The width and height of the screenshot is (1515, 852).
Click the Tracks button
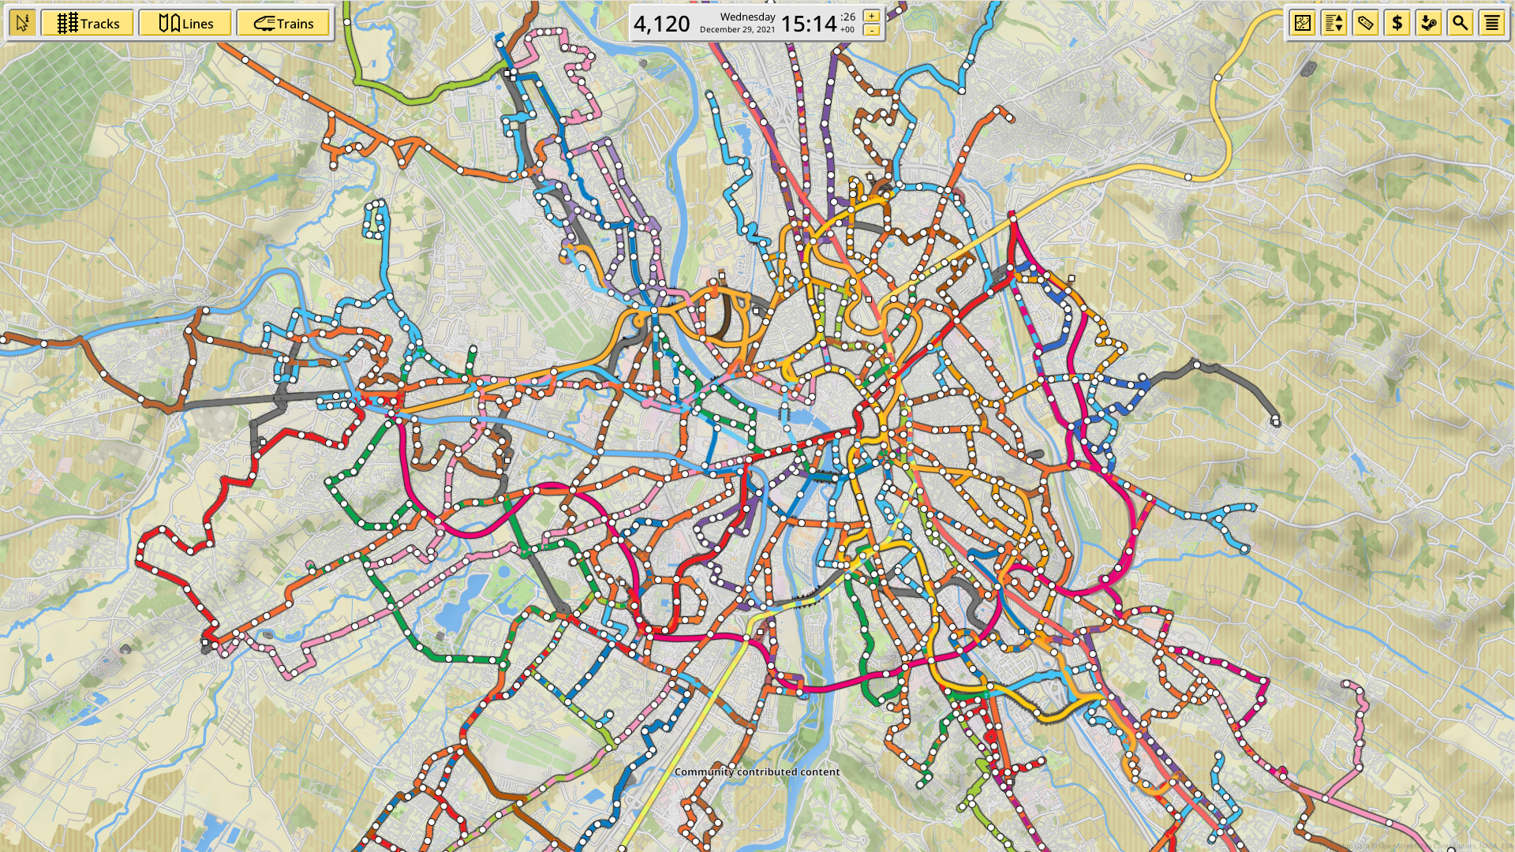[88, 24]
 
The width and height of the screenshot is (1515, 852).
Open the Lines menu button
[185, 24]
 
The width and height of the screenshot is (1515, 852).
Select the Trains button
[283, 24]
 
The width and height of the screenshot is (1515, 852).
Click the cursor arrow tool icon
[22, 24]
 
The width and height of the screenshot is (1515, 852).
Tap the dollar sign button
[1397, 24]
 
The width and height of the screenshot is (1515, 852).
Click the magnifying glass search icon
[1460, 24]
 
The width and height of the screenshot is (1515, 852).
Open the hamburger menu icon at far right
[1491, 24]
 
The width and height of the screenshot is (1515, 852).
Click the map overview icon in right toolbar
[1303, 24]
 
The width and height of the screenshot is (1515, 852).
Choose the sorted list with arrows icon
[1334, 24]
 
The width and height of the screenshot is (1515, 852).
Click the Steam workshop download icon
[1428, 24]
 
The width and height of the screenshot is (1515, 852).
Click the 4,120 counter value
[661, 24]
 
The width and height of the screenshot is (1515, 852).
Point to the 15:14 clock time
[808, 24]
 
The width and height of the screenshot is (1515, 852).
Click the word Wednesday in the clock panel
[747, 17]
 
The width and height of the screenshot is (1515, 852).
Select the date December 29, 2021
[737, 30]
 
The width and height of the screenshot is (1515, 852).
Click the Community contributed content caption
[757, 772]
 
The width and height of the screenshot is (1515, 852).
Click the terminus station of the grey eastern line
[1276, 422]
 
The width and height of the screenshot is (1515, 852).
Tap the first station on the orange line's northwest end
[246, 60]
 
